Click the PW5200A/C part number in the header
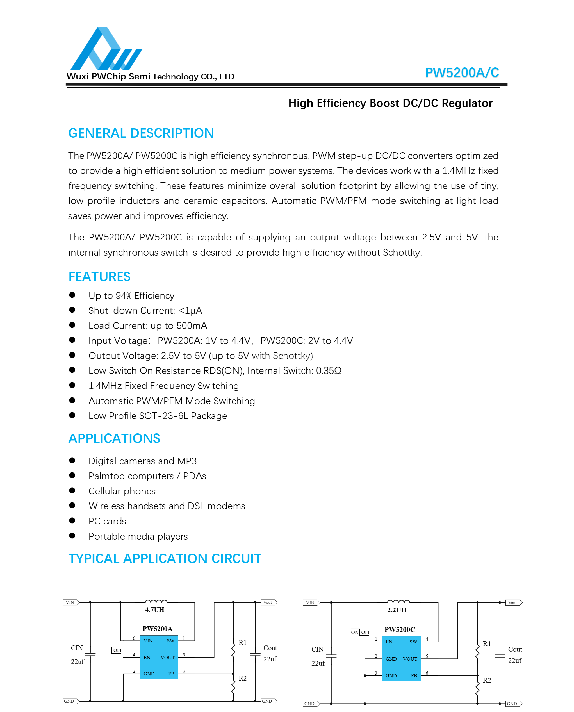[x=462, y=72]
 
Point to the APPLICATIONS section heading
[x=114, y=438]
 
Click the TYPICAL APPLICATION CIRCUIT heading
[x=165, y=559]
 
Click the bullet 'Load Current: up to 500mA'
[x=148, y=326]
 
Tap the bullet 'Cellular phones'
[x=122, y=491]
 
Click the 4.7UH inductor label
[x=154, y=610]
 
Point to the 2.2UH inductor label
[x=397, y=610]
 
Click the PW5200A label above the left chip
[x=157, y=629]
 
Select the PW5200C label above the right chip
[x=399, y=630]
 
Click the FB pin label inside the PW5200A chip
[x=171, y=674]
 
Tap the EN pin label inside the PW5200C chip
[x=389, y=642]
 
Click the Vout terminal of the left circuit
[x=268, y=602]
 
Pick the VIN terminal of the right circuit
[x=311, y=602]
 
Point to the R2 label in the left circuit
[x=243, y=678]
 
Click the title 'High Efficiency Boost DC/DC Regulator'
[x=390, y=103]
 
